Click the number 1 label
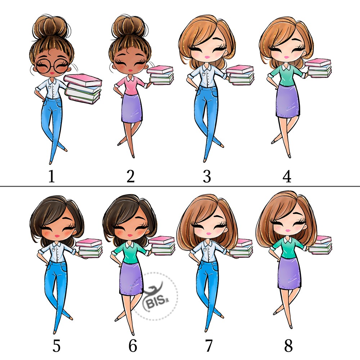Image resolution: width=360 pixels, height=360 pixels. point(51,176)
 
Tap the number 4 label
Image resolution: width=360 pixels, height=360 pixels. point(287,176)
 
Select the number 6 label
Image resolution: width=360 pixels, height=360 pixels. point(132,346)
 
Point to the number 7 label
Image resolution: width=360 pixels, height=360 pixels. point(208,346)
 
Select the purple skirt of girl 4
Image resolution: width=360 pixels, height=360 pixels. point(288,101)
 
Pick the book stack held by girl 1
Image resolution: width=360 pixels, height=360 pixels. point(83,89)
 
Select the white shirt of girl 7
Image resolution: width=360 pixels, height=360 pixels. point(207,251)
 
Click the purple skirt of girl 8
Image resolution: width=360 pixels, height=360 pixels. point(289,273)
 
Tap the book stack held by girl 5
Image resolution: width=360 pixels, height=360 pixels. point(89,248)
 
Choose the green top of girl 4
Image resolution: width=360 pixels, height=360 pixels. point(287,75)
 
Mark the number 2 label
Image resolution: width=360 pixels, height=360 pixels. point(130,176)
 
